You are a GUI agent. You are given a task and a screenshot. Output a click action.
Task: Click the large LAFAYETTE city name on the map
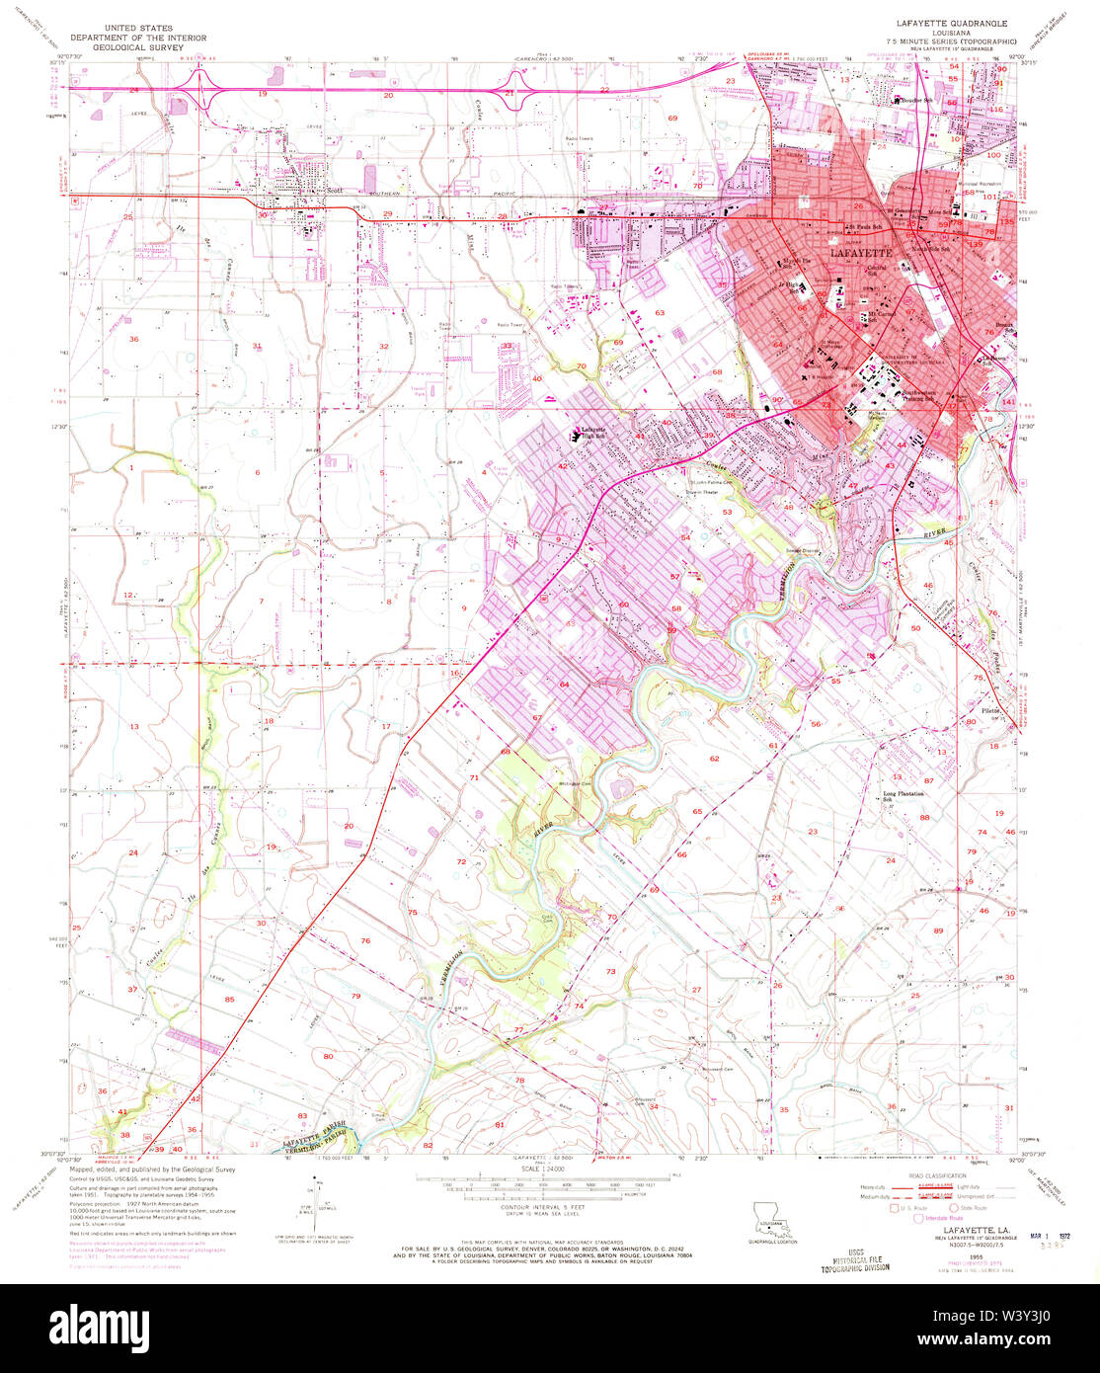[861, 253]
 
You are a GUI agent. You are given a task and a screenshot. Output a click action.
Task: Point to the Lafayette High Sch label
[593, 431]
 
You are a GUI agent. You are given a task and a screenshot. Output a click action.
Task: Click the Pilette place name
[990, 711]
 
